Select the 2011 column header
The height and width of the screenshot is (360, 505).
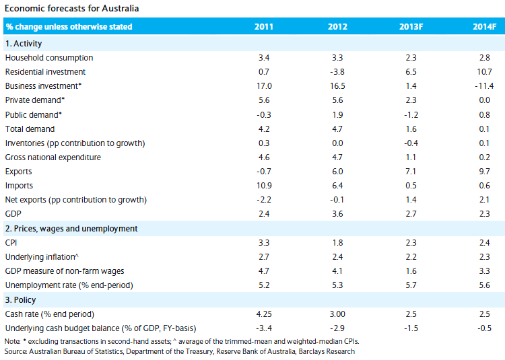(264, 27)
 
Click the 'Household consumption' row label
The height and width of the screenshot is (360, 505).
(49, 58)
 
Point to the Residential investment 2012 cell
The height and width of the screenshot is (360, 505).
(337, 72)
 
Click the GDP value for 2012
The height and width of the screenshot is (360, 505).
(337, 214)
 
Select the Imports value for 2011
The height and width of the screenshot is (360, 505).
(264, 186)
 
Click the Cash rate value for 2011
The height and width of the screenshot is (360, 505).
(264, 314)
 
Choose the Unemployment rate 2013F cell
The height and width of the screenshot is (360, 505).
(411, 285)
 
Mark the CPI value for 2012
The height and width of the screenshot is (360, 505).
(337, 242)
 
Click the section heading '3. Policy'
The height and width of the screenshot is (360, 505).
(21, 299)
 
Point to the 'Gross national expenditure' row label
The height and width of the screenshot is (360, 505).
(53, 157)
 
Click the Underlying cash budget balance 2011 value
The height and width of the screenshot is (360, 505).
(264, 328)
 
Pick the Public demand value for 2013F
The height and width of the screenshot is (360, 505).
(411, 114)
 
